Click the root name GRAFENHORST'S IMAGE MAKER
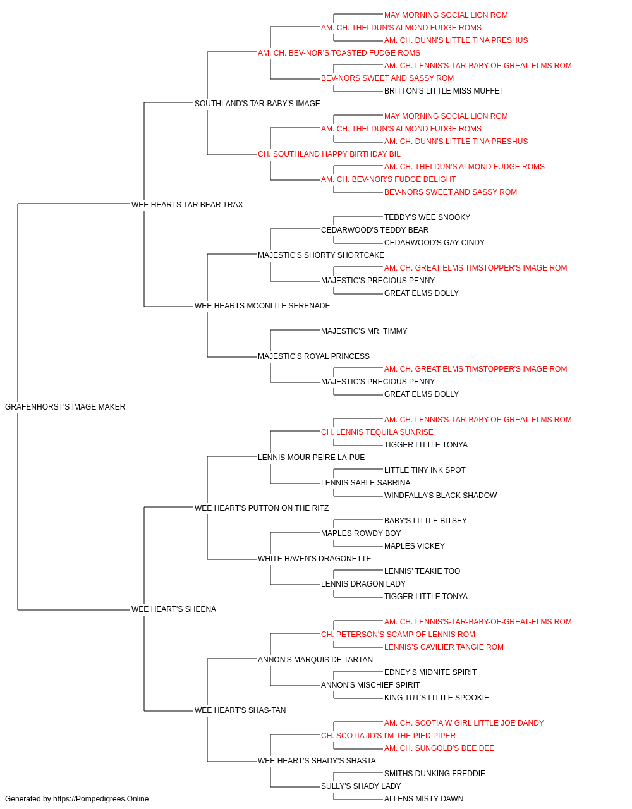[x=65, y=407]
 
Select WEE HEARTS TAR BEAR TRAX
[x=187, y=205]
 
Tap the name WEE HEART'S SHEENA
[x=173, y=609]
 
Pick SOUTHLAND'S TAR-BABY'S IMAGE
[x=257, y=104]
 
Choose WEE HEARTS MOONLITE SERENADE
[x=262, y=306]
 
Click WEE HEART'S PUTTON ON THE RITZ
[x=261, y=508]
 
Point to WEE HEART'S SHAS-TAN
[x=240, y=710]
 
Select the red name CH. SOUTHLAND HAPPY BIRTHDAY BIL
[x=329, y=154]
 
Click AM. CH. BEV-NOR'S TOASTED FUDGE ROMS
[x=339, y=53]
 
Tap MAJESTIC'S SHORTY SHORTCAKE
[x=321, y=255]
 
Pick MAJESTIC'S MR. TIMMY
[x=364, y=331]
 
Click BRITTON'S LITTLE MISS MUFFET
[x=444, y=91]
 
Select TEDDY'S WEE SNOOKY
[x=427, y=217]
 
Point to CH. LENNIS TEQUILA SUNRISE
[x=377, y=432]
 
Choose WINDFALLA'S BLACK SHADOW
[x=441, y=496]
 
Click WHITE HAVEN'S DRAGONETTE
[x=314, y=559]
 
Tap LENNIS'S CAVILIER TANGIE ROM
[x=444, y=647]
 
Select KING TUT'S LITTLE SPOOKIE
[x=436, y=698]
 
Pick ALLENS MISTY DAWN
[x=423, y=799]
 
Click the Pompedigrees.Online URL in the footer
[x=100, y=799]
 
